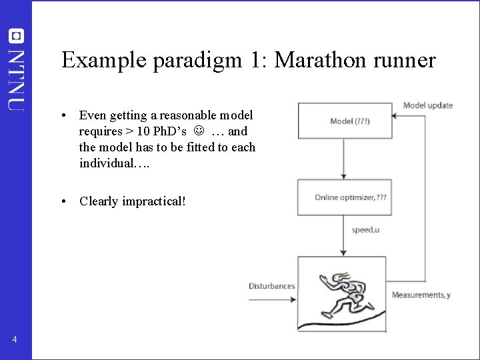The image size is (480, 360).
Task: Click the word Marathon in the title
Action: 318,60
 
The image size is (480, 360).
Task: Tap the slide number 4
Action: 15,341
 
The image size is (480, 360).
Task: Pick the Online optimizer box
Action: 343,197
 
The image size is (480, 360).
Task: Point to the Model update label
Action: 428,105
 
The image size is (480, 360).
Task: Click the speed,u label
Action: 366,230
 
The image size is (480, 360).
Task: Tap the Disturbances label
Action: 271,286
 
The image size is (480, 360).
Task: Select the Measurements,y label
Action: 421,295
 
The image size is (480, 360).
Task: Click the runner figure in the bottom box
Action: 342,293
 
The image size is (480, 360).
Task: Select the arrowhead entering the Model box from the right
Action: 394,115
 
